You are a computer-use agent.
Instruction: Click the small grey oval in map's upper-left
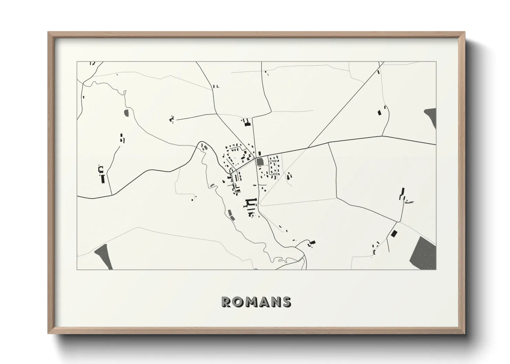(126, 113)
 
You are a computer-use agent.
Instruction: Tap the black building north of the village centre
(247, 123)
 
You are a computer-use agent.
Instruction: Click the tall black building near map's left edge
(102, 179)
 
